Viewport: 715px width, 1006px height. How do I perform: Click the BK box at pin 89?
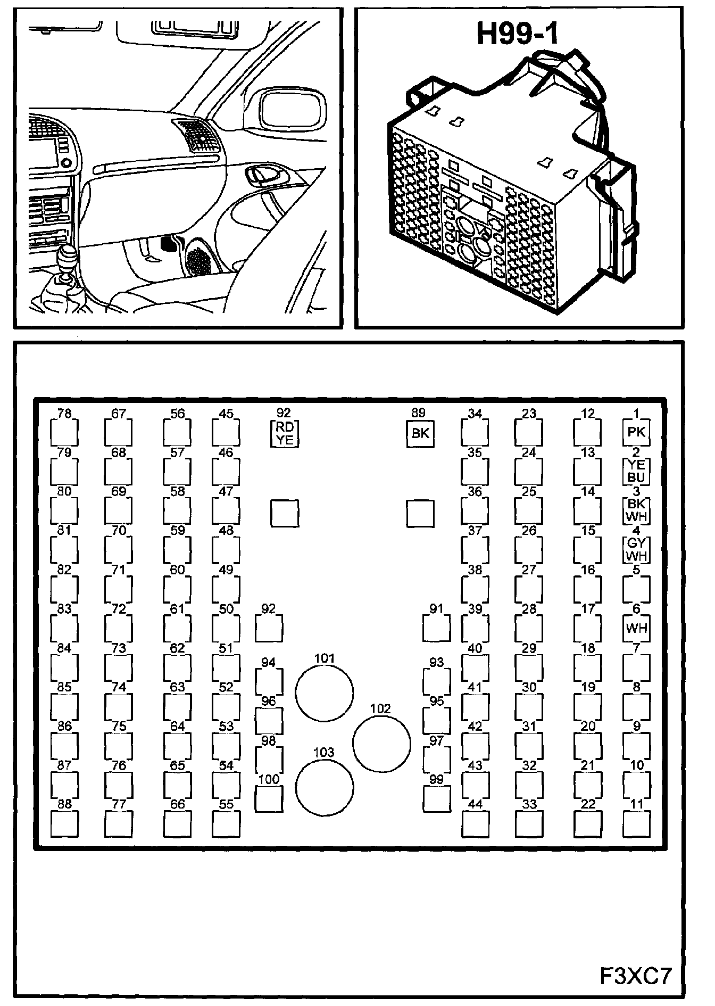click(420, 433)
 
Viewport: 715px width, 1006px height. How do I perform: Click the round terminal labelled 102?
click(381, 744)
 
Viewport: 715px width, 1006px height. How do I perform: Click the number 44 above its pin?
click(475, 804)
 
